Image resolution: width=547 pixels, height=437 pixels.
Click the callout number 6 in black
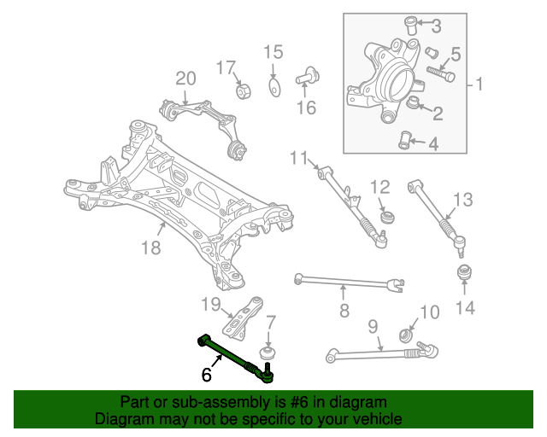[x=206, y=374]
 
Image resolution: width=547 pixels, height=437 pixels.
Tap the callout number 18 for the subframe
[x=150, y=248]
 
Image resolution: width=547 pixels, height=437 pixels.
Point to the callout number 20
[x=185, y=79]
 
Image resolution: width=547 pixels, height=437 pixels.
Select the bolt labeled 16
[x=307, y=78]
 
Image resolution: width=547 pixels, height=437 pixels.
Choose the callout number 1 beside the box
[x=479, y=84]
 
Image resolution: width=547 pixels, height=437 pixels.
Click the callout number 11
[x=297, y=157]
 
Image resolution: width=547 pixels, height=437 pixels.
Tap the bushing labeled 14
[x=466, y=276]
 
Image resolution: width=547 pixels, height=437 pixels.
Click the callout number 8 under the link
[x=344, y=311]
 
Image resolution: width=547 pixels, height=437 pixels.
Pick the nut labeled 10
[x=407, y=333]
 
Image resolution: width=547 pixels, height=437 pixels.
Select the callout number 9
[x=373, y=326]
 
